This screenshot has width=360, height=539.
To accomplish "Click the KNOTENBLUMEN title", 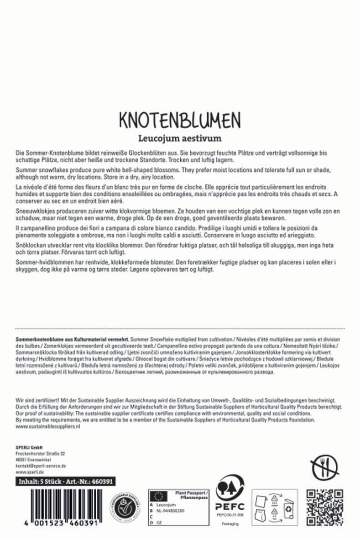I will coord(179,120).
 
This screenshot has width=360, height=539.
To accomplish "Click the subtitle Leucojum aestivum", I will coord(180,137).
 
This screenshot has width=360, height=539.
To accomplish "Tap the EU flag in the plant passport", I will coord(159,497).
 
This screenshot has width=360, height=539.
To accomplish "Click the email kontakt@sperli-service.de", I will coord(41,466).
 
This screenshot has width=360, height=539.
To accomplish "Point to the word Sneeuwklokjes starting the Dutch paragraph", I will coord(31,212).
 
